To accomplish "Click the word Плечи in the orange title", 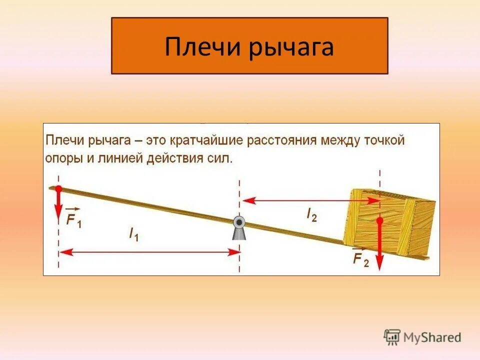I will (196, 47).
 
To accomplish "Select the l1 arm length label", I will (133, 234).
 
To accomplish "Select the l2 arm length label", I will (311, 214).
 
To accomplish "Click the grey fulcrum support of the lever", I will (239, 228).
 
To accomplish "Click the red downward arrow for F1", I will (58, 203).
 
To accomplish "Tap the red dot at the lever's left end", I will (58, 188).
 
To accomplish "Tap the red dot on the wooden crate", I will (379, 220).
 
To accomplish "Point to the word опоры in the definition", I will (61, 158).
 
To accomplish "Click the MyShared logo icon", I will (392, 337).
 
